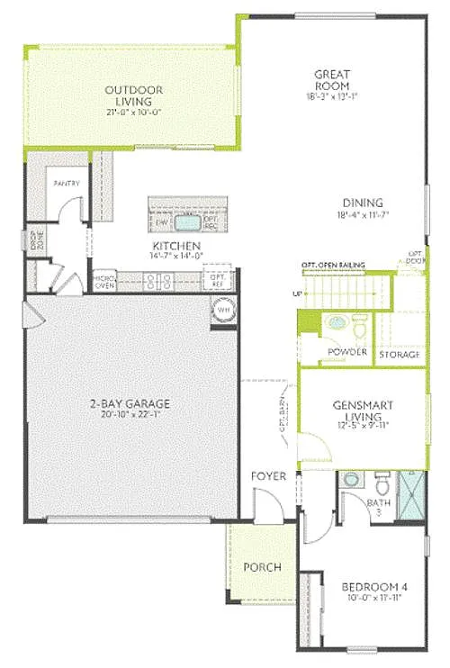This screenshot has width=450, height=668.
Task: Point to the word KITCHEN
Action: (175, 246)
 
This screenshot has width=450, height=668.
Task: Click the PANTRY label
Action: (67, 184)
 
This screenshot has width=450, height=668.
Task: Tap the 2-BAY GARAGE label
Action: (129, 403)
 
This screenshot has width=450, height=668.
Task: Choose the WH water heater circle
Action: (222, 311)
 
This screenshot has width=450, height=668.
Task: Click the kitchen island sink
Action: (187, 221)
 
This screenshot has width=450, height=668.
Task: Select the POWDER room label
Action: (346, 352)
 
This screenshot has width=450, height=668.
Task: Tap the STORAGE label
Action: (399, 355)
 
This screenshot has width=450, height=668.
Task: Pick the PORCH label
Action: (263, 568)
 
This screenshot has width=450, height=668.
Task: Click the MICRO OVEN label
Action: (104, 284)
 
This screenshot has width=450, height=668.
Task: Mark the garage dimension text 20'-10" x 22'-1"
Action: (129, 414)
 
